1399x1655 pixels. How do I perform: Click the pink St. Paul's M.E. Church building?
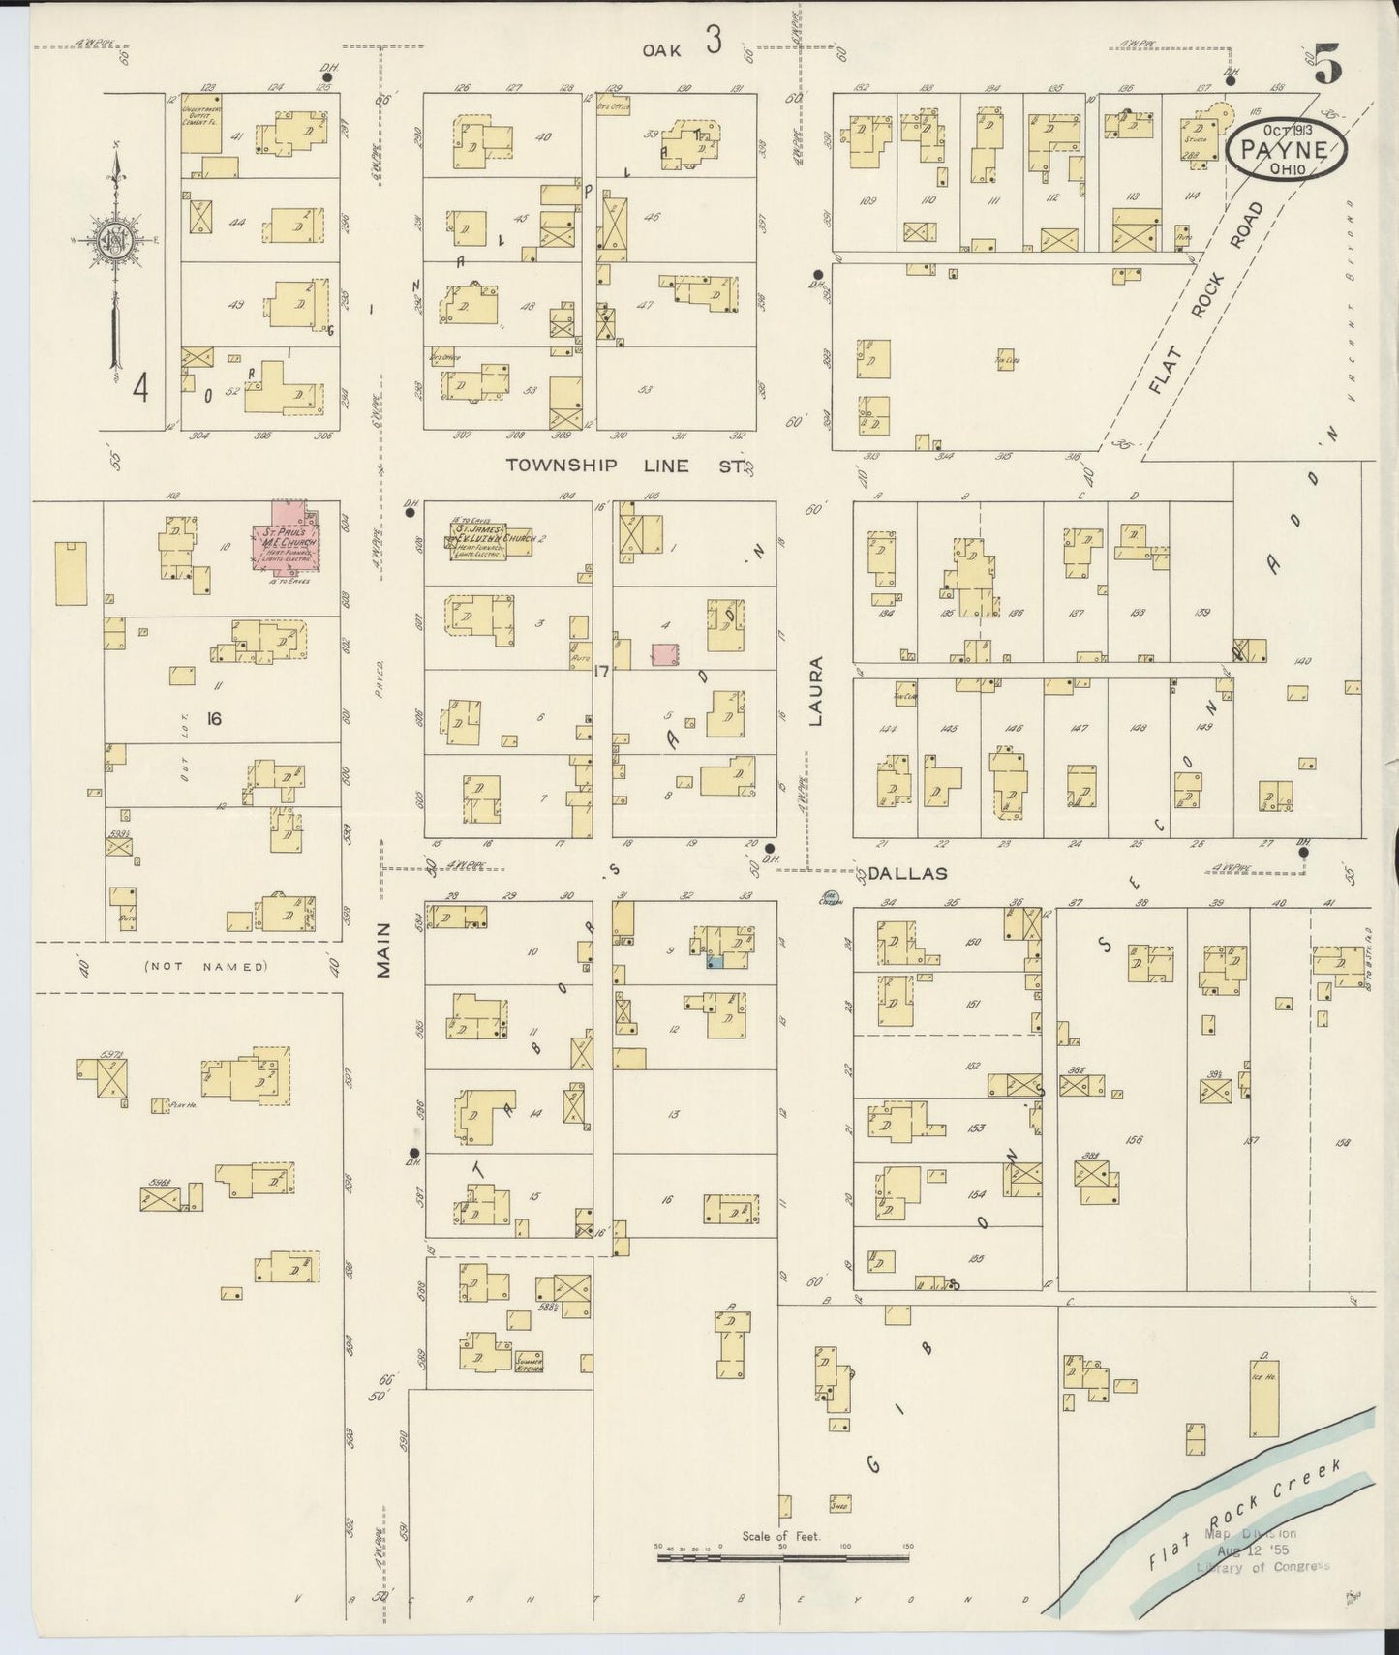tap(288, 540)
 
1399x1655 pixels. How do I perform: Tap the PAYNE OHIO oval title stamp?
tap(1286, 150)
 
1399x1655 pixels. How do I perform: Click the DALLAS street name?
tap(906, 873)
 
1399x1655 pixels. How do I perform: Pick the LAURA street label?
tap(815, 691)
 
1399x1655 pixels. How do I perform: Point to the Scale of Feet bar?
tap(782, 1557)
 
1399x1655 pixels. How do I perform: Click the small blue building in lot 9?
tap(714, 962)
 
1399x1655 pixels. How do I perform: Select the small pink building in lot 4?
tap(663, 654)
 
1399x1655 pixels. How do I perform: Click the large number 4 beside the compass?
tap(141, 389)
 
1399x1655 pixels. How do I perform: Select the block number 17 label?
tap(600, 670)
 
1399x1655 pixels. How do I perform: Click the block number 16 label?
tap(214, 718)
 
